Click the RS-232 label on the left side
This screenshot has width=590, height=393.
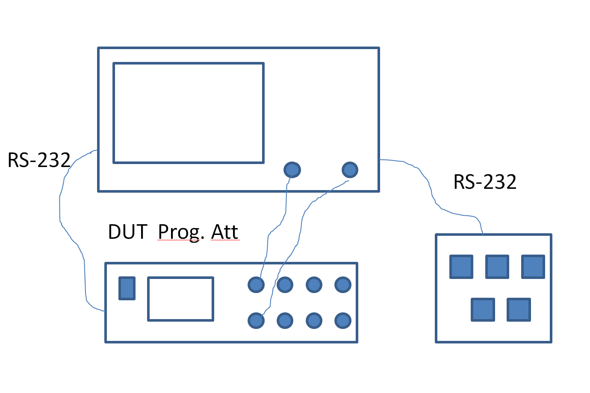[x=39, y=160]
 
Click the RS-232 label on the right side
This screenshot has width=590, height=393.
[x=485, y=182]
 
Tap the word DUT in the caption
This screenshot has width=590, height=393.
[x=127, y=232]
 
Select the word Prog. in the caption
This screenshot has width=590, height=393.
[x=179, y=232]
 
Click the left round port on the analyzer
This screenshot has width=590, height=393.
[x=292, y=170]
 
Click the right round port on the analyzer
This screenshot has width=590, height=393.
[x=350, y=170]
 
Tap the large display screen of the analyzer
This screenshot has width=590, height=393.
[x=189, y=113]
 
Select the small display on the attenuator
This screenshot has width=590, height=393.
[x=180, y=299]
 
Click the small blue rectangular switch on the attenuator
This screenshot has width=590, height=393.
[x=127, y=288]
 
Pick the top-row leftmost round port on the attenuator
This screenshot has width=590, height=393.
[x=256, y=284]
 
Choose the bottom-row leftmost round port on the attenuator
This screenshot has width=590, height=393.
[x=256, y=320]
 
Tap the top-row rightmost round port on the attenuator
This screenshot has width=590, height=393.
[x=343, y=284]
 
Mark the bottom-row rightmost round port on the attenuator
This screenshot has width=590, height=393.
[x=343, y=320]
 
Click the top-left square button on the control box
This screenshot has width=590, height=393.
[x=461, y=267]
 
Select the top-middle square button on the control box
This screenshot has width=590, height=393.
[x=497, y=267]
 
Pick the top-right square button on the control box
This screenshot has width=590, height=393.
[x=533, y=267]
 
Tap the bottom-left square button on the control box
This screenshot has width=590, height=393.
[x=483, y=310]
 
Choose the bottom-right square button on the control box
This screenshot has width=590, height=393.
[x=519, y=310]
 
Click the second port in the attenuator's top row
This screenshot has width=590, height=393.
[x=285, y=284]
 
